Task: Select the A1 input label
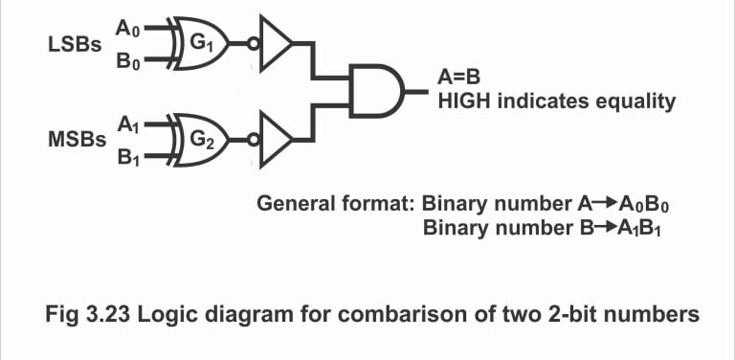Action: pyautogui.click(x=127, y=124)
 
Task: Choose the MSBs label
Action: pyautogui.click(x=77, y=140)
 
